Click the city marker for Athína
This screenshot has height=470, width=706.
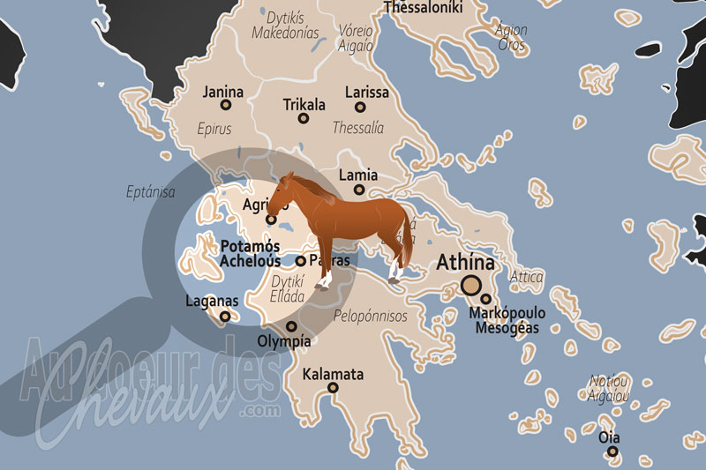click(x=471, y=285)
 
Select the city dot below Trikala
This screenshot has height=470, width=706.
click(x=304, y=118)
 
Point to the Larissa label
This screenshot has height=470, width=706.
click(x=366, y=92)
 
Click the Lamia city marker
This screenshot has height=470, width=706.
click(x=359, y=190)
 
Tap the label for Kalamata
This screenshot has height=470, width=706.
click(x=333, y=375)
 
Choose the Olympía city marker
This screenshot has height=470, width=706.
click(x=291, y=326)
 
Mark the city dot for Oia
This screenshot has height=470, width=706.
click(x=612, y=452)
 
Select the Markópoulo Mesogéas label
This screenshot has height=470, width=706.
click(x=507, y=320)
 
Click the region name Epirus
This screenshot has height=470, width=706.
click(x=214, y=129)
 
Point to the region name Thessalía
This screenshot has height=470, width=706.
click(x=357, y=128)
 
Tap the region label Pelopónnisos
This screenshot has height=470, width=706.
click(x=371, y=315)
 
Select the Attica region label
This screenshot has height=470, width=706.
click(x=527, y=276)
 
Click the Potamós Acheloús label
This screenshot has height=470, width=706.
click(x=251, y=253)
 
